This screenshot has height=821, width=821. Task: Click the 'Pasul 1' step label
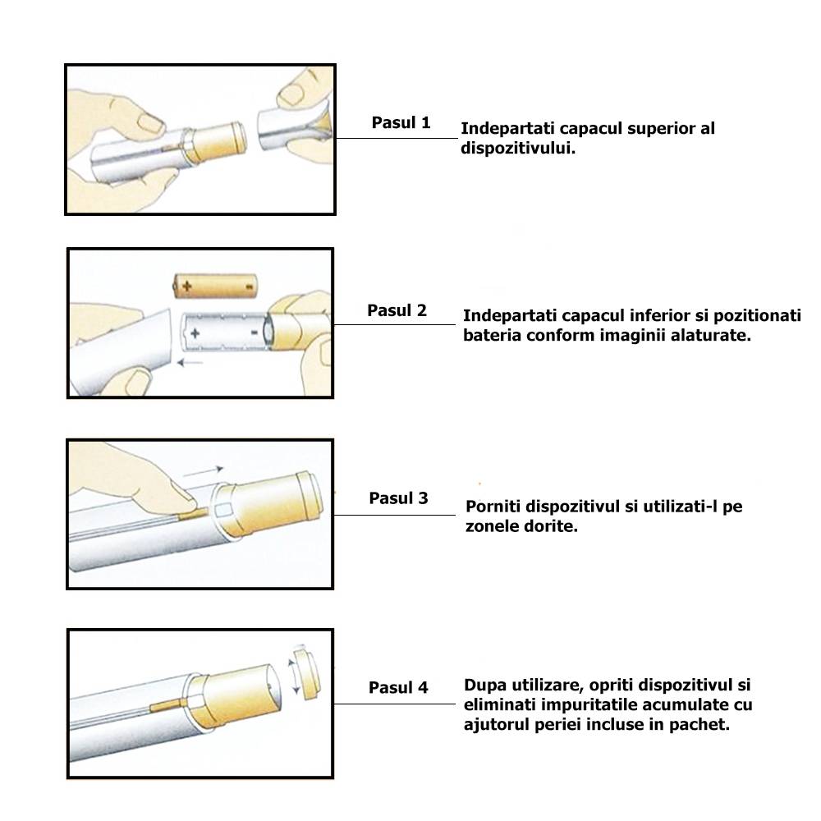pyautogui.click(x=401, y=124)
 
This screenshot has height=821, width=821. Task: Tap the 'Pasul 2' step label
pyautogui.click(x=397, y=311)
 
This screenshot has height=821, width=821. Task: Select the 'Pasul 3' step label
pyautogui.click(x=398, y=498)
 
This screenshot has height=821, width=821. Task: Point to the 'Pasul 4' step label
pyautogui.click(x=398, y=687)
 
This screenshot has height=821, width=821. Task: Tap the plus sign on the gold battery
pyautogui.click(x=187, y=287)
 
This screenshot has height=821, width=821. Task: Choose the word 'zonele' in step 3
pyautogui.click(x=492, y=526)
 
